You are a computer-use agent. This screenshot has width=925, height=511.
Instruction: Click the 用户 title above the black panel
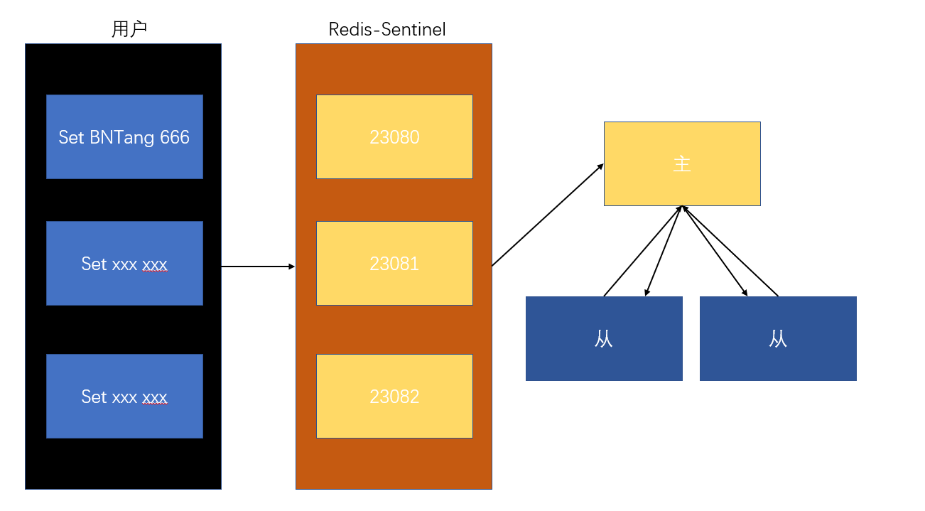pos(129,29)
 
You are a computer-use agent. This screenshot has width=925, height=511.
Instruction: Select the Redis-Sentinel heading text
pos(387,29)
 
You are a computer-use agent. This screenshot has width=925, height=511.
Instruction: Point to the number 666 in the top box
pos(175,137)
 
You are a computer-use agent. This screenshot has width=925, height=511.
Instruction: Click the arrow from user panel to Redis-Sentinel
pos(258,267)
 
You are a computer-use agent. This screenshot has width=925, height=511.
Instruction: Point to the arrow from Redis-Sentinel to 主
pos(547,215)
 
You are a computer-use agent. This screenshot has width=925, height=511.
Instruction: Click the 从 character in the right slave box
pos(778,339)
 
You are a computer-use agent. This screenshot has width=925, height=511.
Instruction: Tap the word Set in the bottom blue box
pos(94,397)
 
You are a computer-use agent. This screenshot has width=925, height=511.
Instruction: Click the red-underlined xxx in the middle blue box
pos(155,264)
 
